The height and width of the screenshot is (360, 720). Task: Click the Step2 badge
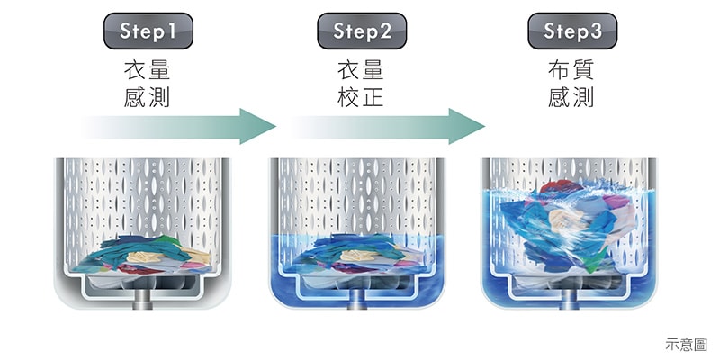pos(362,32)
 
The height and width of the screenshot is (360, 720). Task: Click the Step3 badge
pos(572,32)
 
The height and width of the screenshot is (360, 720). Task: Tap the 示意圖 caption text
pos(687,344)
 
